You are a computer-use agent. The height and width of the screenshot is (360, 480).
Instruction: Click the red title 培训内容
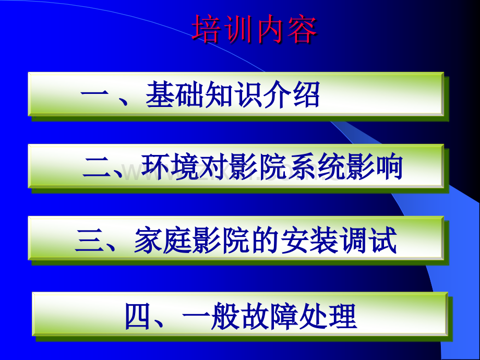coord(254,30)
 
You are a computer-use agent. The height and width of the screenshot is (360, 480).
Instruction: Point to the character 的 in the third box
coord(253,241)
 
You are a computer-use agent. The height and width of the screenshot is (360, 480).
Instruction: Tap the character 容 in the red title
coord(301,30)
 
